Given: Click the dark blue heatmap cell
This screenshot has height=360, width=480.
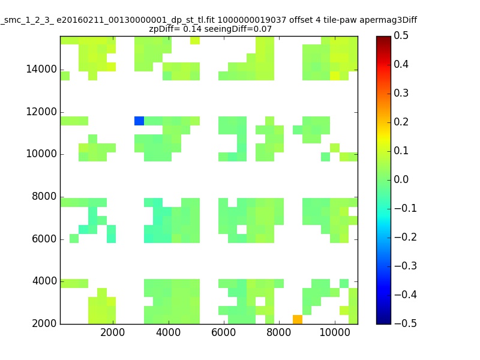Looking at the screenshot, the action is click(139, 121).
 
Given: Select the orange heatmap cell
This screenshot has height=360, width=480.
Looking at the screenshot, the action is click(298, 320).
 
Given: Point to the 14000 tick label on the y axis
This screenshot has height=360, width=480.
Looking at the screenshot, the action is click(41, 69).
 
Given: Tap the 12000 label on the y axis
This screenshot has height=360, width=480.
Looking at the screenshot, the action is click(41, 112).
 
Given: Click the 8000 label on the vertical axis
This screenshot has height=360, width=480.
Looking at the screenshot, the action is click(44, 196).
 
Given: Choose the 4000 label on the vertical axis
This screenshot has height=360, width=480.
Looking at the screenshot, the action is click(44, 281).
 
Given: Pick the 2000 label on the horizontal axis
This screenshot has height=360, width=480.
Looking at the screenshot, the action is click(113, 332).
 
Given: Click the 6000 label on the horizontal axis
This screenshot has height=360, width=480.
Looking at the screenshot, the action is click(223, 332).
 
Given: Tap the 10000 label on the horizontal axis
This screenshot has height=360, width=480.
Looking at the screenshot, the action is click(335, 332).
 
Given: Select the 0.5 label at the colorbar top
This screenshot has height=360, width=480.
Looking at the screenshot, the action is click(401, 35).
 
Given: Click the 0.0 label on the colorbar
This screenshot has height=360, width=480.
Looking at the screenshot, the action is click(401, 179).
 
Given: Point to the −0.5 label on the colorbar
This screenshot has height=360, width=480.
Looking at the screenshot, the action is click(406, 323).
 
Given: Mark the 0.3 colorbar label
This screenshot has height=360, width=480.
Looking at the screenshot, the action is click(401, 93).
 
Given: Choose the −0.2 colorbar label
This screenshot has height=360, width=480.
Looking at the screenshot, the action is click(406, 237).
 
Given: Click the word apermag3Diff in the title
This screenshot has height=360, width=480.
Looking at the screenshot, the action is click(388, 20).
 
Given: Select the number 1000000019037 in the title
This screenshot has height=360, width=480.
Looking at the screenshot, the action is click(252, 20).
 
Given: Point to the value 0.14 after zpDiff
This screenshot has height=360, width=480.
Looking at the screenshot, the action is click(192, 29).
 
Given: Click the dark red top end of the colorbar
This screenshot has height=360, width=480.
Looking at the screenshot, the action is click(383, 38).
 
